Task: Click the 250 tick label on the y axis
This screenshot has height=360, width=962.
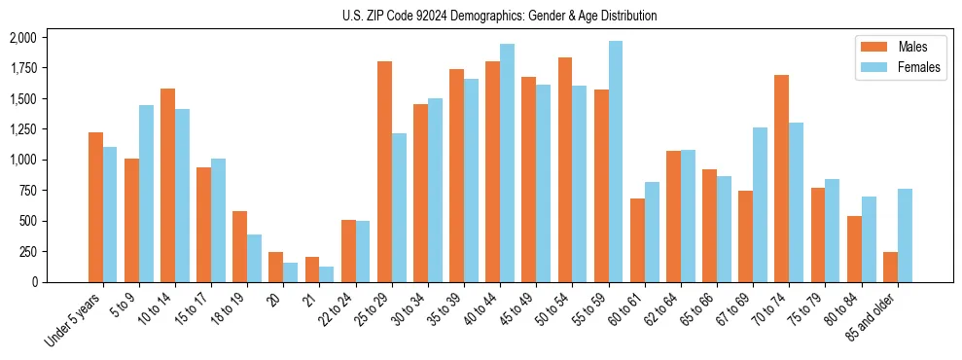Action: [x=27, y=251]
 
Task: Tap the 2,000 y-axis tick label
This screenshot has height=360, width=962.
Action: [x=22, y=37]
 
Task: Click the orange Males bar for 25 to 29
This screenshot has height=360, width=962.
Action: [x=384, y=171]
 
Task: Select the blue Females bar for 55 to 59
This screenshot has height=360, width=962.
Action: [x=616, y=162]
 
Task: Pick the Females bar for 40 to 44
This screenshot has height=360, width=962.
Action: [x=507, y=162]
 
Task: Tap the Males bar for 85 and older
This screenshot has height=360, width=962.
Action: [x=890, y=267]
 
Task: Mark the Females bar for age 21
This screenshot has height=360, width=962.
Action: [x=327, y=274]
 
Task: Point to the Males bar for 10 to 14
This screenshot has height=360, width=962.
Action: [x=167, y=185]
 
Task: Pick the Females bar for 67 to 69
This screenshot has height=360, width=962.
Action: [x=760, y=204]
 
